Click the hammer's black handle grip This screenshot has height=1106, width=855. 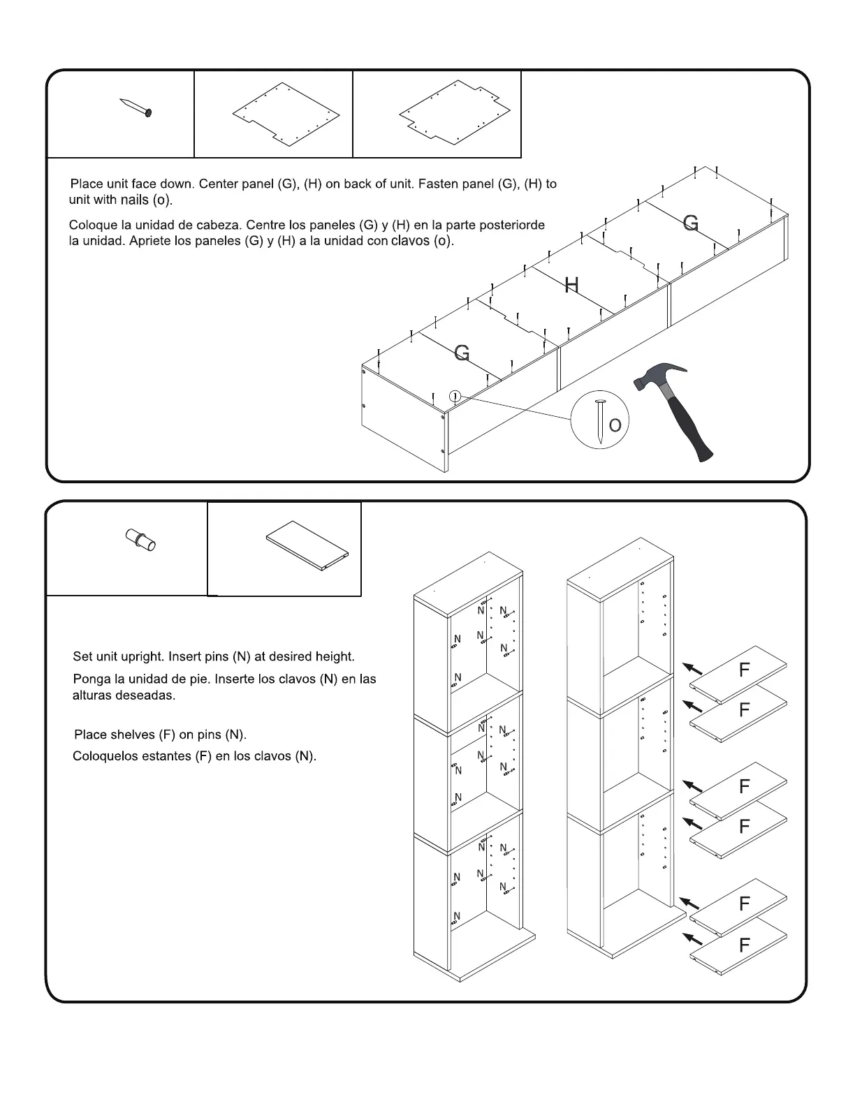[692, 433]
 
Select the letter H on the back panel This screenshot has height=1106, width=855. [571, 285]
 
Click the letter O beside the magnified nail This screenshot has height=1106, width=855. [615, 425]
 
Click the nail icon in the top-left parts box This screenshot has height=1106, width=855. [136, 108]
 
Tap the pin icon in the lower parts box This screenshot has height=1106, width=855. [140, 540]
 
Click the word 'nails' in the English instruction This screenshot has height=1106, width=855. [134, 200]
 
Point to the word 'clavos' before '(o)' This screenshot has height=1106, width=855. [411, 242]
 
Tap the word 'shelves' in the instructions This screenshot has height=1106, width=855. [133, 735]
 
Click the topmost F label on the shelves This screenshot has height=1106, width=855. [744, 670]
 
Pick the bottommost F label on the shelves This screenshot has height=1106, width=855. [744, 945]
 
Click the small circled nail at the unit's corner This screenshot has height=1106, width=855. [455, 396]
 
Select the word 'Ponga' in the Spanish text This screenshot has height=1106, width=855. [90, 679]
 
